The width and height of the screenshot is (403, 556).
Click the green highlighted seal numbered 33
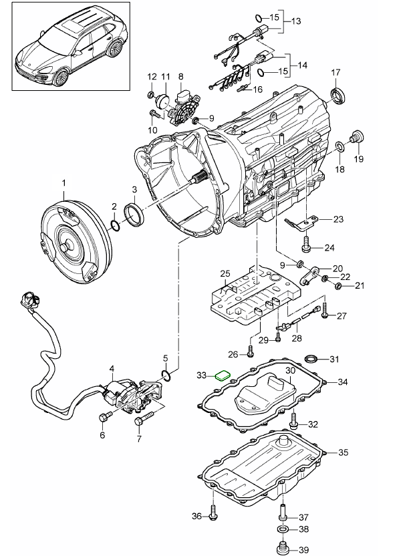coord(221,376)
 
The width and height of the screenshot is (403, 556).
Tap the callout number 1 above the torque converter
coord(65,182)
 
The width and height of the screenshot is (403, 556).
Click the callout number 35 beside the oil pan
coord(343,452)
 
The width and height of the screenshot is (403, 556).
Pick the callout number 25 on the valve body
coord(224,273)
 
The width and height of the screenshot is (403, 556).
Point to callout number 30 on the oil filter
coord(290,370)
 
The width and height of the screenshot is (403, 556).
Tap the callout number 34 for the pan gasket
coord(343,382)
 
